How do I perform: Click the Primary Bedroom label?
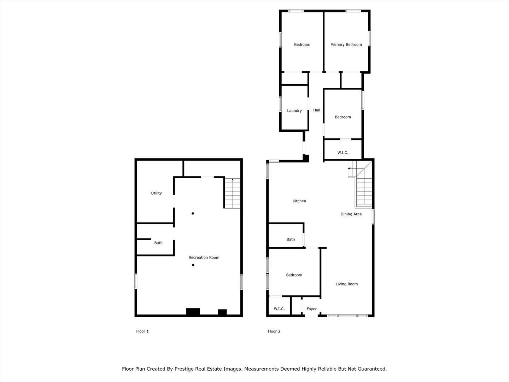pos(346,45)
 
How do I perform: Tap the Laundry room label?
pos(294,111)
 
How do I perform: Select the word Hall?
pos(317,110)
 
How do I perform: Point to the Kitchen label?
pos(299,201)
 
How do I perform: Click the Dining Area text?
pos(351,214)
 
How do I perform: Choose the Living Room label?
pos(346,284)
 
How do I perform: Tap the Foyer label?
pos(311,309)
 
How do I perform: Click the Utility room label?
pos(156,193)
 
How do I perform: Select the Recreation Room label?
pos(204,257)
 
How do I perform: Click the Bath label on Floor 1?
pos(158,243)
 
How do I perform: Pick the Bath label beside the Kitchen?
pos(291,239)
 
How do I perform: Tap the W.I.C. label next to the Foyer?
pos(279,309)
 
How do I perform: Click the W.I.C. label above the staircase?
pos(343,152)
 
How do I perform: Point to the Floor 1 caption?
pos(142,331)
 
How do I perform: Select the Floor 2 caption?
pos(274,331)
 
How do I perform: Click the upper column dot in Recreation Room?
pos(193,213)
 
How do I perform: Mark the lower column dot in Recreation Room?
pos(193,265)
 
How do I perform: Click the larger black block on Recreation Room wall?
pos(193,312)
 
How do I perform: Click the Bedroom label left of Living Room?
pos(294,275)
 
